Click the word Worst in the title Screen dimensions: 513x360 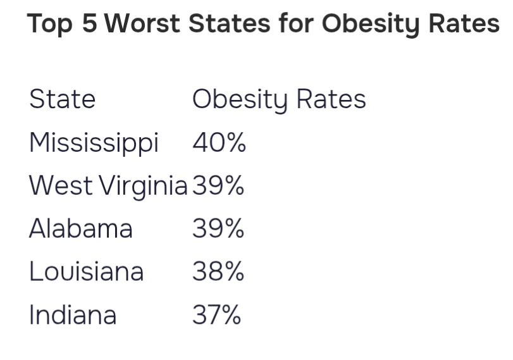pyautogui.click(x=142, y=23)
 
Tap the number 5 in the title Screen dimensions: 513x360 pyautogui.click(x=90, y=23)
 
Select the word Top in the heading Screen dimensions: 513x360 pyautogui.click(x=50, y=25)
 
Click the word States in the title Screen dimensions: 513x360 pyautogui.click(x=230, y=23)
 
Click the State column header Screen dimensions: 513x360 pyautogui.click(x=62, y=99)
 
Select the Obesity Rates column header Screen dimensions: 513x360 pyautogui.click(x=279, y=101)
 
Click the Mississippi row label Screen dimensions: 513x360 pyautogui.click(x=94, y=143)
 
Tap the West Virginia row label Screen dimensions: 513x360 pyautogui.click(x=108, y=187)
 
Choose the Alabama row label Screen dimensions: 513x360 pyautogui.click(x=81, y=228)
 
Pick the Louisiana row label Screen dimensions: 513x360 pyautogui.click(x=87, y=271)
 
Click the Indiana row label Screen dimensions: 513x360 pyautogui.click(x=73, y=314)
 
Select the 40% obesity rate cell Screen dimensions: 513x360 pyautogui.click(x=219, y=142)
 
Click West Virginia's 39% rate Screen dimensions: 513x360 pyautogui.click(x=218, y=185)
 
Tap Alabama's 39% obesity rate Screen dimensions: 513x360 pyautogui.click(x=218, y=228)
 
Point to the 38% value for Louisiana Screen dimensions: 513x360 pyautogui.click(x=218, y=271)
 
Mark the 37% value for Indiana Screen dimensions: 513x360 pyautogui.click(x=216, y=314)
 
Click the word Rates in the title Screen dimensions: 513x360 pyautogui.click(x=464, y=23)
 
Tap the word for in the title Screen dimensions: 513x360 pyautogui.click(x=297, y=23)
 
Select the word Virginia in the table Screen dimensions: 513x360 pyautogui.click(x=144, y=187)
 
